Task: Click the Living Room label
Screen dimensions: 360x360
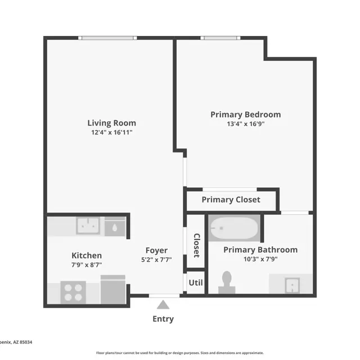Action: [111, 123]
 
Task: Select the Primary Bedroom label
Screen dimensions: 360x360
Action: [245, 114]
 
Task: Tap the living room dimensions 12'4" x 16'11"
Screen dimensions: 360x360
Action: [111, 133]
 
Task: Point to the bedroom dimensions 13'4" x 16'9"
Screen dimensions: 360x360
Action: [245, 124]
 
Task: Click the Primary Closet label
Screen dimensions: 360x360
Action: [231, 200]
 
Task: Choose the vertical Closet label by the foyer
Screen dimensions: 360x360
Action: [196, 245]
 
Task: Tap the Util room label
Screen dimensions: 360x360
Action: [196, 282]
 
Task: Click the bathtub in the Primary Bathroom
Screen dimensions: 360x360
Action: [233, 228]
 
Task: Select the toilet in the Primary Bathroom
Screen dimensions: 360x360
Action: [227, 281]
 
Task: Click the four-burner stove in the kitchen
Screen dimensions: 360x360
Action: [73, 292]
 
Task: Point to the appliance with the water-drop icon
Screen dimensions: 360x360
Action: [115, 227]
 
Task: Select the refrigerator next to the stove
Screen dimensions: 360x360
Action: [112, 290]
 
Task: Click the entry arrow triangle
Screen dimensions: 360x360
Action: [163, 305]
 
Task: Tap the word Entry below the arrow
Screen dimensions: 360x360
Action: [163, 319]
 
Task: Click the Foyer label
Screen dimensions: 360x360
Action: [156, 250]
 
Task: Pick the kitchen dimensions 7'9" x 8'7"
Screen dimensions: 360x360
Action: [86, 264]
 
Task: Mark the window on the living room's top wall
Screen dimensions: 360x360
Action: [108, 38]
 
